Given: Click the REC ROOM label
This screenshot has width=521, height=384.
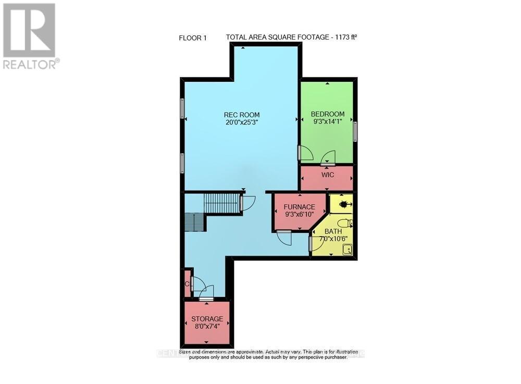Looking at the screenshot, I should coord(242,115).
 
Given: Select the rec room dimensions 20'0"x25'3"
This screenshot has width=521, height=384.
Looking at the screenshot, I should coord(242,122).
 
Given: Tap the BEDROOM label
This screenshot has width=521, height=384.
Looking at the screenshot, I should coord(328,114).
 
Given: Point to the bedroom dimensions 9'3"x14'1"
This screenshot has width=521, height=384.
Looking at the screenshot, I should coord(328,122).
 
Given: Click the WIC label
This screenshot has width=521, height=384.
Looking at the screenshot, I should coord(328,175).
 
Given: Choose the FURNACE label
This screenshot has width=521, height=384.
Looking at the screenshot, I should coord(299,207).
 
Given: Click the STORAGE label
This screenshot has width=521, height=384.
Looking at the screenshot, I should coord(207,318).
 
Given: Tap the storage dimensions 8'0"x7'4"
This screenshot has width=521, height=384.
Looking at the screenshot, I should coord(207,326).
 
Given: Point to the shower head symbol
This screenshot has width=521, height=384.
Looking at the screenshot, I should coord(344,204).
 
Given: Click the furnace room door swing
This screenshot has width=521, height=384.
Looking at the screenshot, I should coord(284,238).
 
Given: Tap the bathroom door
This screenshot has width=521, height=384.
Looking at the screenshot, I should coord(317,244).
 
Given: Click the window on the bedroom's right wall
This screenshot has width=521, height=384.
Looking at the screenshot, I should coord(355,131).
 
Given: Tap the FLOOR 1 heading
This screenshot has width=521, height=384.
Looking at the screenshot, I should coord(192,38).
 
